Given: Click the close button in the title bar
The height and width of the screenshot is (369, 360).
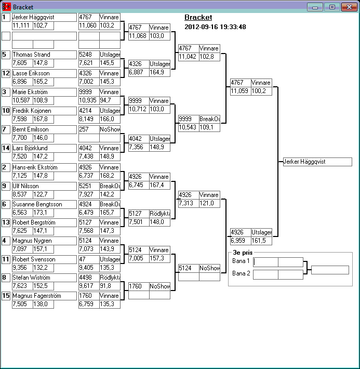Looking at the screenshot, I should click(348, 7).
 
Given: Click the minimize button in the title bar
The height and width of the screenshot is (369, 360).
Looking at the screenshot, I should click(315, 7).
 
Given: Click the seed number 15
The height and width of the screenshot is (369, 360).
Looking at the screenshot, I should click(6, 296).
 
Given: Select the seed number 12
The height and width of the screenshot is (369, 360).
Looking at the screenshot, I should click(6, 73).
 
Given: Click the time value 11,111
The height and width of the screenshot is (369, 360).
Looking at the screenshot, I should click(22, 25).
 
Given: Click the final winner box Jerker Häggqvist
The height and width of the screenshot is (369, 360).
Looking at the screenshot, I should click(317, 162).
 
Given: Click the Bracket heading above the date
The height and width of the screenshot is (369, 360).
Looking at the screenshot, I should click(198, 18).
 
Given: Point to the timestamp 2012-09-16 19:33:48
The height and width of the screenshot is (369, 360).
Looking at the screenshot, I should click(215, 27).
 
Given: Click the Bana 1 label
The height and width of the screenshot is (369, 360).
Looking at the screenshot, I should click(241, 261).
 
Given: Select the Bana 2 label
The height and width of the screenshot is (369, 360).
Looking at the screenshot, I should click(241, 273).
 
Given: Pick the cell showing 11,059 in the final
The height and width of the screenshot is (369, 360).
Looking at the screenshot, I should click(240, 91).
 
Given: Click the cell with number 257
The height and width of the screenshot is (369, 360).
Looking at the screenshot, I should click(88, 129).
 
